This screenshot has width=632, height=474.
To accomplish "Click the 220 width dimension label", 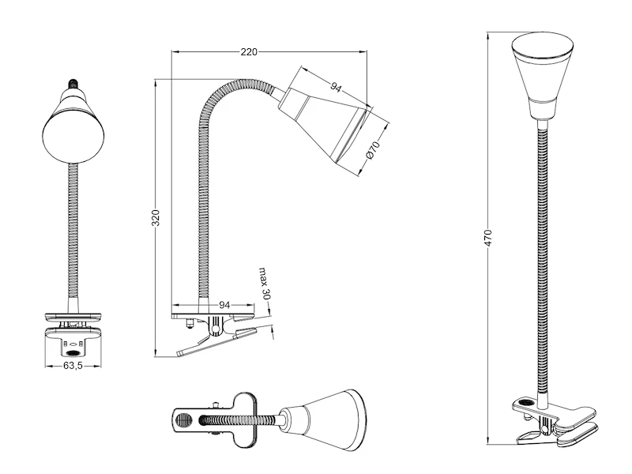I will (249, 52).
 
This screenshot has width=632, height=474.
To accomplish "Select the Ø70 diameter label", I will (375, 152).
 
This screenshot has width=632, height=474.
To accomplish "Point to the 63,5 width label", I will (73, 367).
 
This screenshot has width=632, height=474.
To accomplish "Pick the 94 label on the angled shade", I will (336, 88).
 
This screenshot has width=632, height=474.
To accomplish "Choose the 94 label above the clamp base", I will (224, 304).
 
